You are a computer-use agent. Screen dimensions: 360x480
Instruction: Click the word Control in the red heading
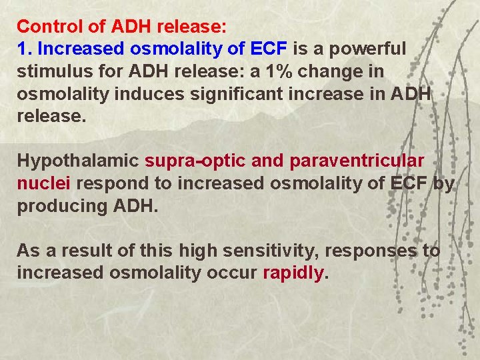45,27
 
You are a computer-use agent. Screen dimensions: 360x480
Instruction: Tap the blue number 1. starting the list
25,49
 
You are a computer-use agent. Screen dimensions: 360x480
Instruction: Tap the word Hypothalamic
77,161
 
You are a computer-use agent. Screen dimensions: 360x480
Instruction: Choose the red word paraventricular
357,161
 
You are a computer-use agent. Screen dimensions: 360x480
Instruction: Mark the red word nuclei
37,183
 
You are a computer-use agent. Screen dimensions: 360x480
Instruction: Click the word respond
111,183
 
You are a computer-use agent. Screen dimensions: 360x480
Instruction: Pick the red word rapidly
293,273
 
